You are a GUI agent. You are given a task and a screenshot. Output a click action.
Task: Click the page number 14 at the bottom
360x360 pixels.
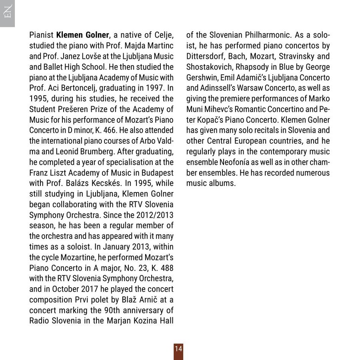tap(178, 349)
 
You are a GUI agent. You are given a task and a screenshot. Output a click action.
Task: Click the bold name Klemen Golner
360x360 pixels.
tap(83, 35)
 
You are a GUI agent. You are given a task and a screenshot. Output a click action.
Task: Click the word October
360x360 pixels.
tap(65, 289)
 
